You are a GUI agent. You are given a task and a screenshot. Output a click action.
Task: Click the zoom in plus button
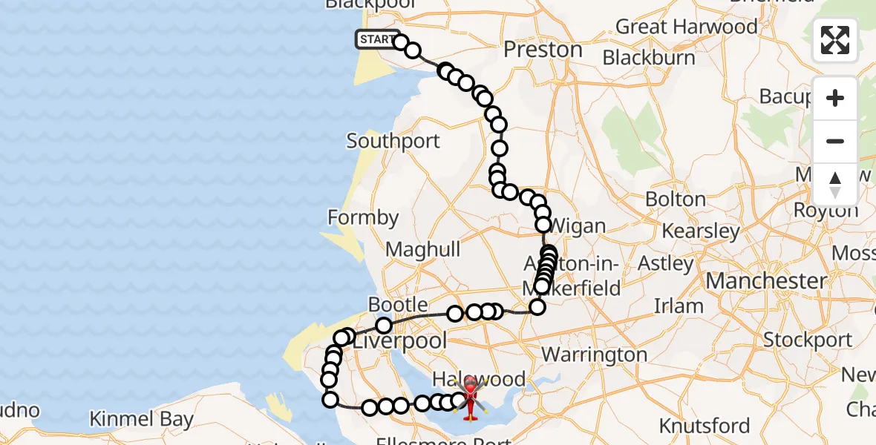835,98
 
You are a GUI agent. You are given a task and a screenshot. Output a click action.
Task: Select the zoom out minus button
835,141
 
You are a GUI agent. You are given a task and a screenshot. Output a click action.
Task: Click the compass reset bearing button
835,184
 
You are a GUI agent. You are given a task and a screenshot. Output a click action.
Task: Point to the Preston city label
543,50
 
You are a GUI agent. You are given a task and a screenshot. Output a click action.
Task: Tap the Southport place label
393,141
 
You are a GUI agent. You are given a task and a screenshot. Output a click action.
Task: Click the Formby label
363,218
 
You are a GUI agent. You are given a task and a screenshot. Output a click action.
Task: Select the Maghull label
423,250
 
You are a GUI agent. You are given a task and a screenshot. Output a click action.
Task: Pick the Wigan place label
579,225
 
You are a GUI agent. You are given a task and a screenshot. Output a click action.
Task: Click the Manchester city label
766,281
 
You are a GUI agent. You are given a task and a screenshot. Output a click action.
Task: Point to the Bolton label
675,199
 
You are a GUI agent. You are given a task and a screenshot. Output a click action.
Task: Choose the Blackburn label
649,57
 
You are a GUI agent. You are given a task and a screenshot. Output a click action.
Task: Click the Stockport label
808,340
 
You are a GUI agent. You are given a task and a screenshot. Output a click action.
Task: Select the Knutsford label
705,426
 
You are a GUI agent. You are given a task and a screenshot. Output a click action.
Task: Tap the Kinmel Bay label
141,419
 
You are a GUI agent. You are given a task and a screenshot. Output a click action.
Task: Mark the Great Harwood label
686,27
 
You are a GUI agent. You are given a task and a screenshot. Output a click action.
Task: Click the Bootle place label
398,305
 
